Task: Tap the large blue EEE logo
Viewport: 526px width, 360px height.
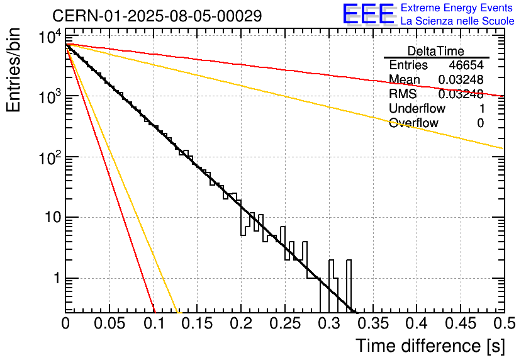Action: coord(367,14)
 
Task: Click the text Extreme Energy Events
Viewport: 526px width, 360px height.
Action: coord(457,8)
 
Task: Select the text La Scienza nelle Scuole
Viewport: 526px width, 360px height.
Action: coord(457,21)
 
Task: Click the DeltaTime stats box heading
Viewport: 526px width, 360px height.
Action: coord(436,51)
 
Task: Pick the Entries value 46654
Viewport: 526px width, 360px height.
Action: coord(466,65)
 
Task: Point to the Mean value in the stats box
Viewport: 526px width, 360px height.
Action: coord(461,80)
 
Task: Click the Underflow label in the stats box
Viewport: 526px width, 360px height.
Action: coord(415,109)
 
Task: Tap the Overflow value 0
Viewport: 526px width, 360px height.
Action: coord(480,123)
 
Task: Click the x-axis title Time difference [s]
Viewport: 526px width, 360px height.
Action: coord(429,346)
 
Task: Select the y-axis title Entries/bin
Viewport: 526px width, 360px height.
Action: coord(14,70)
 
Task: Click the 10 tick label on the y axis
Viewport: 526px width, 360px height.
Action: coord(51,218)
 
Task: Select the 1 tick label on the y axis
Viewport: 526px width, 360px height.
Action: coord(56,278)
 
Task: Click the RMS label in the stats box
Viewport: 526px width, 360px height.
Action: coord(403,94)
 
